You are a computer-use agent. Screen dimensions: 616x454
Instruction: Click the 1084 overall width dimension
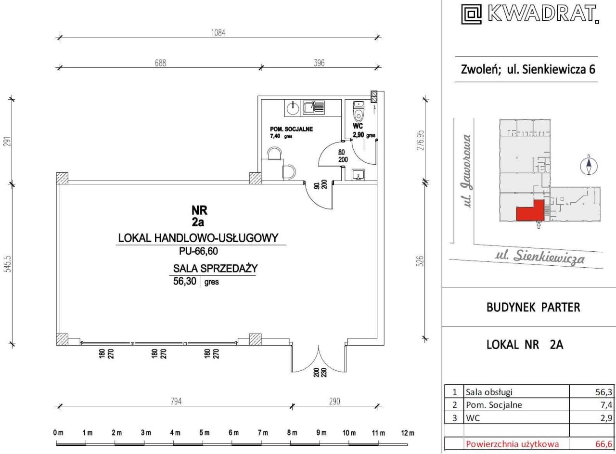[218, 33]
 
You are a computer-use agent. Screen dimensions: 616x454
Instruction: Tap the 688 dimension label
[160, 63]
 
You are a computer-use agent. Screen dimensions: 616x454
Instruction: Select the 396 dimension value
[319, 63]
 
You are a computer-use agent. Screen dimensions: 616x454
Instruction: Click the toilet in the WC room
[359, 115]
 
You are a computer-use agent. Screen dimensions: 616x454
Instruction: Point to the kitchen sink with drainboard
[313, 107]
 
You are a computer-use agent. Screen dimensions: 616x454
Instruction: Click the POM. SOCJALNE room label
[291, 129]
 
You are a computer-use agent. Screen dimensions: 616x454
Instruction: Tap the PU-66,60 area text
[199, 251]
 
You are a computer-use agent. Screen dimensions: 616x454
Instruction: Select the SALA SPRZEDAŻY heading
[215, 268]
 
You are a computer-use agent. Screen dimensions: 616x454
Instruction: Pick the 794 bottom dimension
[176, 402]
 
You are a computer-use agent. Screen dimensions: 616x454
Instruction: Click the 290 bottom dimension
[334, 402]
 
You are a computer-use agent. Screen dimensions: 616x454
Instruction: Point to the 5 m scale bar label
[205, 433]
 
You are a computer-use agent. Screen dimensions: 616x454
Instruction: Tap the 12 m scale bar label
[408, 433]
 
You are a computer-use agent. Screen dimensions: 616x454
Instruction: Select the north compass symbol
[589, 165]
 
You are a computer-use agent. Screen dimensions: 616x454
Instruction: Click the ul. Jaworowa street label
[467, 170]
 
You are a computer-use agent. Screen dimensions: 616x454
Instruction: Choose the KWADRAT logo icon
[471, 14]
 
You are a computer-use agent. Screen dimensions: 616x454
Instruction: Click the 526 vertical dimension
[421, 261]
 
